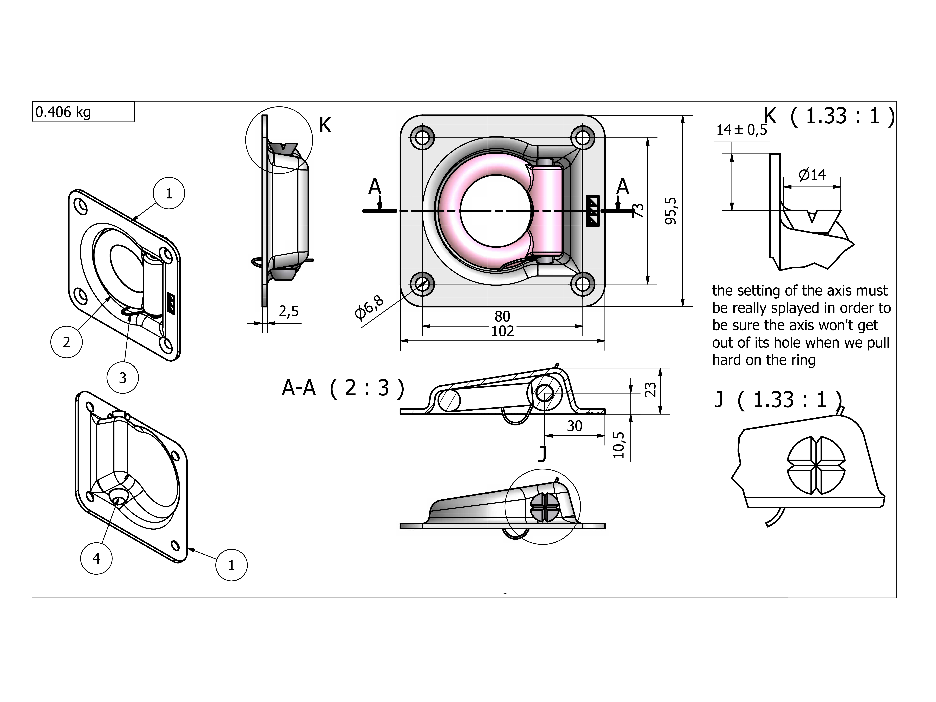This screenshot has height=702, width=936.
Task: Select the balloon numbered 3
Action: (x=123, y=377)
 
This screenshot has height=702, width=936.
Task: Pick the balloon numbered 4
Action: (x=96, y=559)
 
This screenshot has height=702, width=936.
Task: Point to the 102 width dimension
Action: (x=502, y=331)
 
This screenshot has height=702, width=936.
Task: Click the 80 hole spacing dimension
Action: (x=502, y=316)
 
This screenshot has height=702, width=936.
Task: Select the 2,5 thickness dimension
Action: (x=289, y=311)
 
